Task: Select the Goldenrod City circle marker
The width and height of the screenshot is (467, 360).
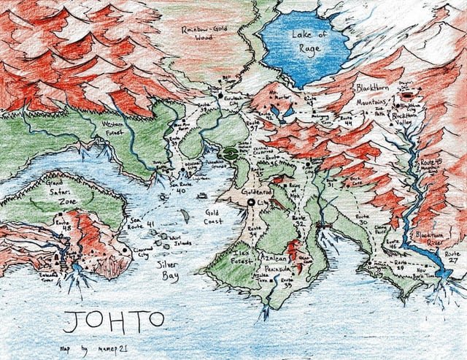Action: click(252, 202)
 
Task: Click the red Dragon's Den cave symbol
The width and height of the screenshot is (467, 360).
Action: click(408, 94)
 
